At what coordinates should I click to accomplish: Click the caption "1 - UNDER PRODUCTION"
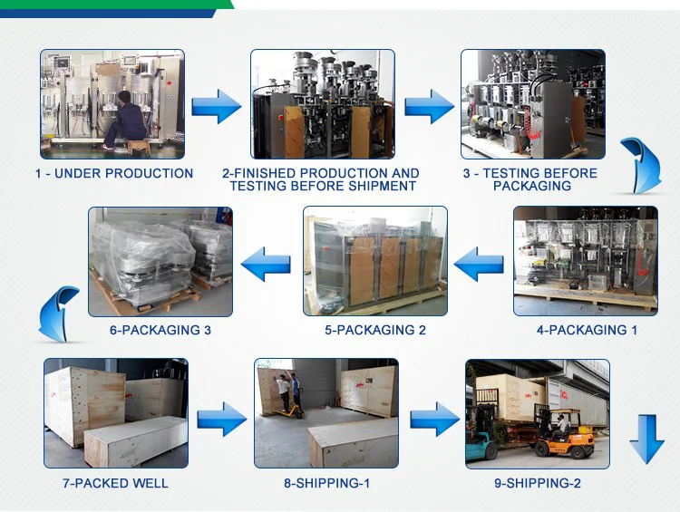114,173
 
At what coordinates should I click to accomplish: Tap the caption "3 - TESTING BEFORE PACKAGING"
530,179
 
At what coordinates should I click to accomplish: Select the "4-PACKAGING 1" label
587,330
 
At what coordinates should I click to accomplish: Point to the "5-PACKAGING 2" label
375,330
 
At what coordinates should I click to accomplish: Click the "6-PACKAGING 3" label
160,330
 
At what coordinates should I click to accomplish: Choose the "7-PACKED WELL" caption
115,483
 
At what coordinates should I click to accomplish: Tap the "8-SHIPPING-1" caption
326,483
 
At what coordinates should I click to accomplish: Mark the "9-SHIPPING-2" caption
538,483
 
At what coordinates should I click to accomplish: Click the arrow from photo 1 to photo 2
217,106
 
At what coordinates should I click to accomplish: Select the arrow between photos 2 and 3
429,106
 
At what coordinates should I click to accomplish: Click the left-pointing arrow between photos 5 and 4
478,265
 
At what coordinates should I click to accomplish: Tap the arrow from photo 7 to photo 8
222,419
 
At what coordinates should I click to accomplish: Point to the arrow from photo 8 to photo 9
434,419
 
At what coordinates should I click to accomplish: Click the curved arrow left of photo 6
57,313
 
